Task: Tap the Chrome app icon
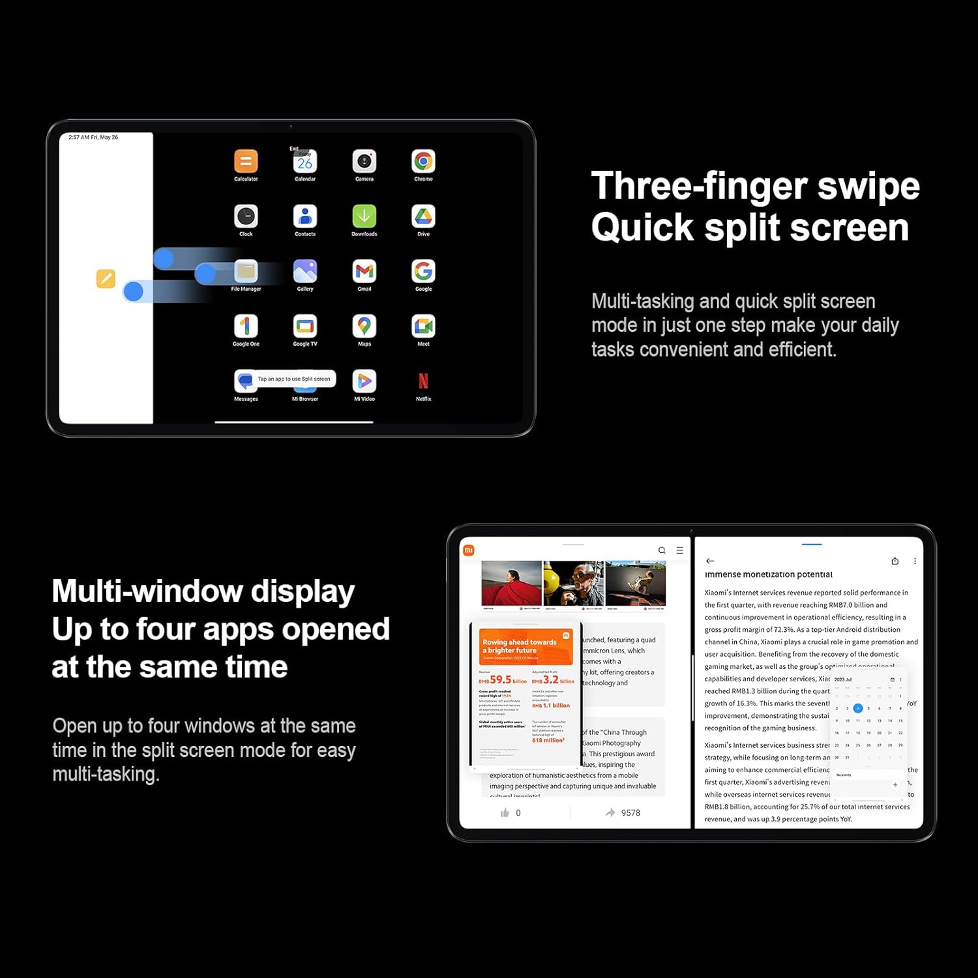(423, 162)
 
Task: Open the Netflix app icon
(423, 381)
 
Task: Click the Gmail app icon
(364, 271)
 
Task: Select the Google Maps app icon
(364, 326)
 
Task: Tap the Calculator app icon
(246, 162)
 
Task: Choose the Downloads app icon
(364, 216)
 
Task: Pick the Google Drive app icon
(423, 216)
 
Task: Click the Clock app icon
(246, 216)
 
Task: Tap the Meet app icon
(423, 326)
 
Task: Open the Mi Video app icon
(364, 381)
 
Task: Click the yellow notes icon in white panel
(106, 278)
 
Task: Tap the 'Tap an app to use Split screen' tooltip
(293, 379)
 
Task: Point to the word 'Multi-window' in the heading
(147, 591)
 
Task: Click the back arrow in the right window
(710, 561)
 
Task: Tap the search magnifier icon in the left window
(662, 550)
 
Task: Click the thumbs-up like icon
(505, 812)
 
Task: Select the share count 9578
(630, 812)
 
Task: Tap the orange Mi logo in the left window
(468, 550)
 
